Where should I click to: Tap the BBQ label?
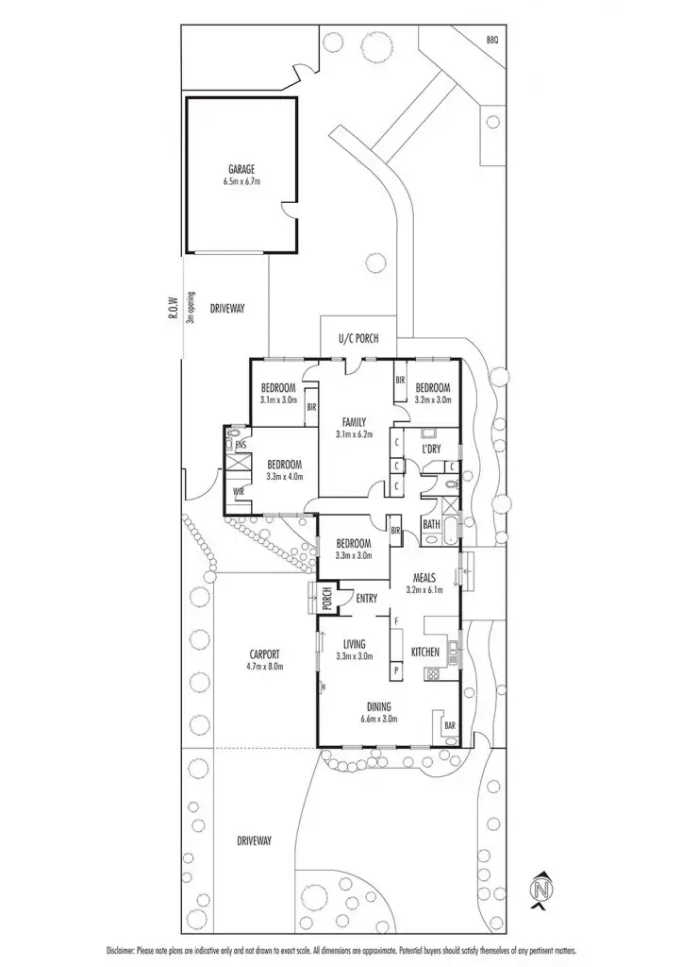tap(492, 40)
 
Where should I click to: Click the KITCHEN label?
tap(427, 653)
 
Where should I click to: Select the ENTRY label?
tap(367, 597)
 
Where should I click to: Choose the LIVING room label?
tap(355, 644)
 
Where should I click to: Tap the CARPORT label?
tap(266, 653)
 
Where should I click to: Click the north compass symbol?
tap(541, 891)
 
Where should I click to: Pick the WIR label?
tap(240, 492)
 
